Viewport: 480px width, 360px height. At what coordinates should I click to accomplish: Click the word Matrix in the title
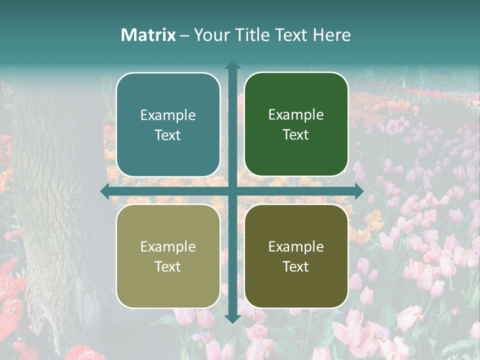coord(148,35)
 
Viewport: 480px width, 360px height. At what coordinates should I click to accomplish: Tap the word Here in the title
coord(331,35)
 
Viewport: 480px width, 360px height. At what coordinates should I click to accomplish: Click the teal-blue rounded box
coord(168,124)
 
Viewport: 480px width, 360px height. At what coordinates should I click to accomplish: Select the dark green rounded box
coord(296,124)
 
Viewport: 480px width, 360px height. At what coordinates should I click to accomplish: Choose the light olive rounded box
coord(168,256)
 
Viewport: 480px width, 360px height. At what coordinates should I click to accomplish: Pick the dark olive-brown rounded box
coord(296,256)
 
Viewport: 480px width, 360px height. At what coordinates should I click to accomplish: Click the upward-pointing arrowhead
coord(232,65)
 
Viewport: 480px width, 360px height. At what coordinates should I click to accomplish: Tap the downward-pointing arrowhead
coord(232,318)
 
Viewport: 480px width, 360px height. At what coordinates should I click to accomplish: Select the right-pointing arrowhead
coord(358,191)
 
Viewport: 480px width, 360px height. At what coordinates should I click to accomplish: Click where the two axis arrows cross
coord(232,191)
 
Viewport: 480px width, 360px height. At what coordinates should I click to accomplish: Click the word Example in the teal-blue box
coord(168,115)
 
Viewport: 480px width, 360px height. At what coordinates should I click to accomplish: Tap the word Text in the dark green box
coord(296,135)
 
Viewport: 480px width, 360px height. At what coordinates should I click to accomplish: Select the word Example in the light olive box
coord(168,246)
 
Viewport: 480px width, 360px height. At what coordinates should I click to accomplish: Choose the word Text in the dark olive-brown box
coord(296,266)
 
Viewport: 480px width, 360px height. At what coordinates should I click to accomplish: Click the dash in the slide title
coord(184,35)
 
